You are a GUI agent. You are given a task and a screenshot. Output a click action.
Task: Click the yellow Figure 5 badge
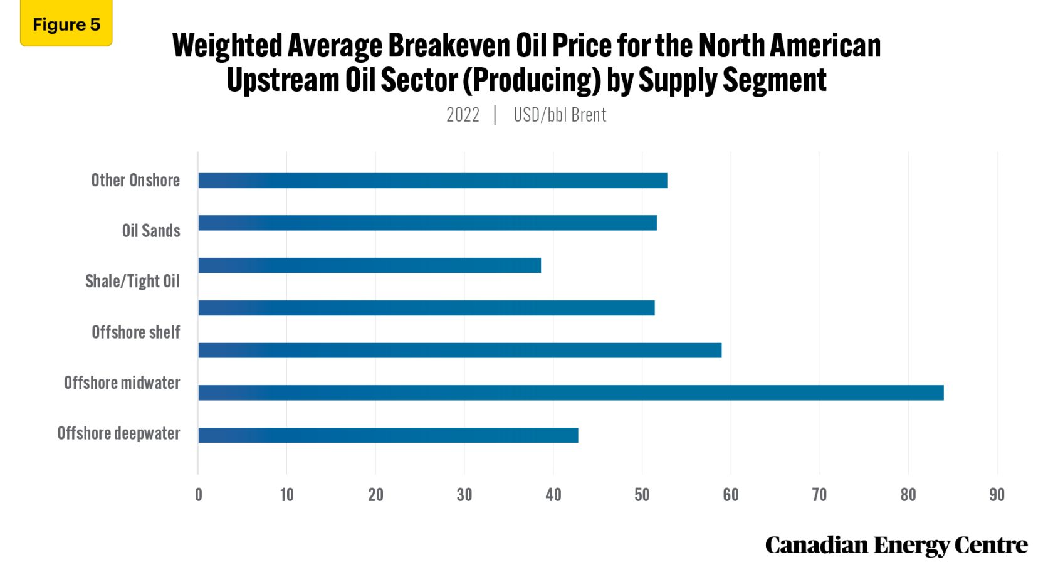coord(66,24)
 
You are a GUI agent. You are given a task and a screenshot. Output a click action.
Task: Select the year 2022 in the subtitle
coord(463,115)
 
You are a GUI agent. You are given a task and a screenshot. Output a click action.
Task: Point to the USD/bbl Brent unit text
coord(560,115)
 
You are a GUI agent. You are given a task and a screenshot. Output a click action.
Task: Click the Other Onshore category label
coord(135,181)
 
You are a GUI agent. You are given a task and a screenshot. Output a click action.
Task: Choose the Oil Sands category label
coord(151,231)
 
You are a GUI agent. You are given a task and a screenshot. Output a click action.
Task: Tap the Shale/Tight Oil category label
coord(132,281)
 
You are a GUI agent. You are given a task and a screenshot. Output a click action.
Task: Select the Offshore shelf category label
coord(135,332)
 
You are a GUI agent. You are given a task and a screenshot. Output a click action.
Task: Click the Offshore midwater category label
coord(122,383)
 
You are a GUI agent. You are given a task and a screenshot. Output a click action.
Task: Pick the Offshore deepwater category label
coord(118,433)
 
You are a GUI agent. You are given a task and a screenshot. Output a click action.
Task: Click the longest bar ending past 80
coord(570,393)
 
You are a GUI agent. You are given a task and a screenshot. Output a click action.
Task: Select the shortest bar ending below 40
coord(369,265)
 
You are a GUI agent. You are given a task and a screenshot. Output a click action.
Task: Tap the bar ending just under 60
coord(459,350)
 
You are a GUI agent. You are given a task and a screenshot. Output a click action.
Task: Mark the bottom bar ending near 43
coord(388,435)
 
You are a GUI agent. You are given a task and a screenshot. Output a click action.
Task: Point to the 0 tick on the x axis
coord(199,495)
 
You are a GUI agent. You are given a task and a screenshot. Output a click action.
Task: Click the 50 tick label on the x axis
coord(642,495)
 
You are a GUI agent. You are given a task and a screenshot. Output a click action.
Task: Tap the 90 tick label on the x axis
coord(997,495)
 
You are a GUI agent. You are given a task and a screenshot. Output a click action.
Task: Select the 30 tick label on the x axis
coord(464,495)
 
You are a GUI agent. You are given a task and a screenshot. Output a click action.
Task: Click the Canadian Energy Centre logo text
coord(896,545)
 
